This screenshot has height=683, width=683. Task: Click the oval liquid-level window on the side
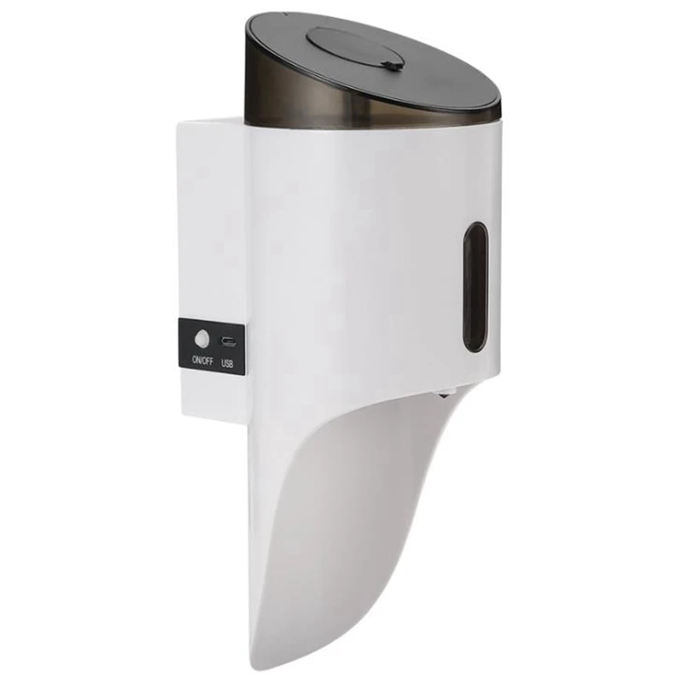(x=476, y=286)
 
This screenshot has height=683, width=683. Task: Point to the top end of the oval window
(x=476, y=225)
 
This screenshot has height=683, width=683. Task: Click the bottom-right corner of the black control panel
(x=245, y=370)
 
